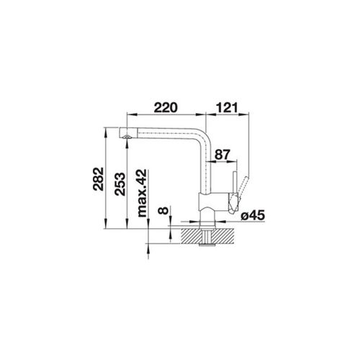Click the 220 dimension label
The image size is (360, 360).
click(x=166, y=107)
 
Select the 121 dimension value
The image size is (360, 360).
click(x=227, y=107)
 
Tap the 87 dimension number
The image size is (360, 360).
click(x=222, y=155)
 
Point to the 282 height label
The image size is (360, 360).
click(x=99, y=179)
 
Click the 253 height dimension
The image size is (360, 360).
click(x=120, y=184)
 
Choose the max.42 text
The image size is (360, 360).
click(x=142, y=193)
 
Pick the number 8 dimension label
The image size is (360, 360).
click(x=163, y=210)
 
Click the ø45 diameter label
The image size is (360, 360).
click(x=253, y=215)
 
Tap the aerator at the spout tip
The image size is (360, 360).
click(x=126, y=137)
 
